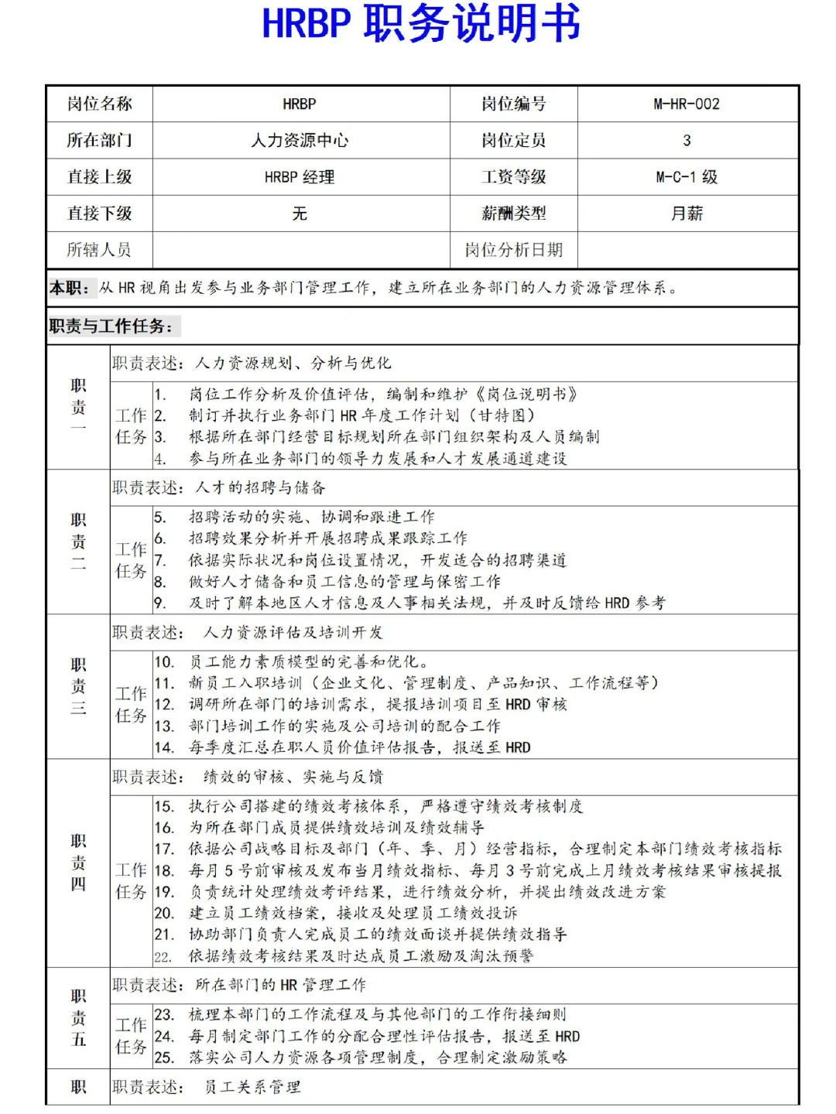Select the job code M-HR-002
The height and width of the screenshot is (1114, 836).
coord(687,104)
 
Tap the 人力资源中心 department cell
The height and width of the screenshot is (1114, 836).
coord(300,140)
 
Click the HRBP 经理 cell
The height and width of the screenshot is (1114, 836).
coord(300,177)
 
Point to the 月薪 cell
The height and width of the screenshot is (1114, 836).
coord(687,214)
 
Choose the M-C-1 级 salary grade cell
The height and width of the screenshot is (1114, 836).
coord(687,177)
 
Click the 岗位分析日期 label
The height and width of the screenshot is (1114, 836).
coord(513,250)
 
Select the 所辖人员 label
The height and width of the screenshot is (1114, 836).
coord(98,250)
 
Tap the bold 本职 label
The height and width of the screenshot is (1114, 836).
coord(69,288)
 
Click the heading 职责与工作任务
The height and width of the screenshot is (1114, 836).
coord(111,326)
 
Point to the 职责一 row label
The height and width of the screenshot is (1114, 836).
coord(78,407)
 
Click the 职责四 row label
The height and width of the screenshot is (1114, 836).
coord(78,862)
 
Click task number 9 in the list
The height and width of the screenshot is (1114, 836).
coord(159,603)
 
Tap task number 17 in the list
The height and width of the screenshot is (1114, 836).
coord(164,849)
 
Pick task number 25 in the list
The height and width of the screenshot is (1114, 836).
coord(164,1058)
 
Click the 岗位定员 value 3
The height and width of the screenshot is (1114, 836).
coord(687,140)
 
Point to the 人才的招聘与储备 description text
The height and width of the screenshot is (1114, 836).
coord(260,487)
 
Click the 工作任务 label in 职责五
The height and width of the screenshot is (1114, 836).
coord(131,1036)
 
